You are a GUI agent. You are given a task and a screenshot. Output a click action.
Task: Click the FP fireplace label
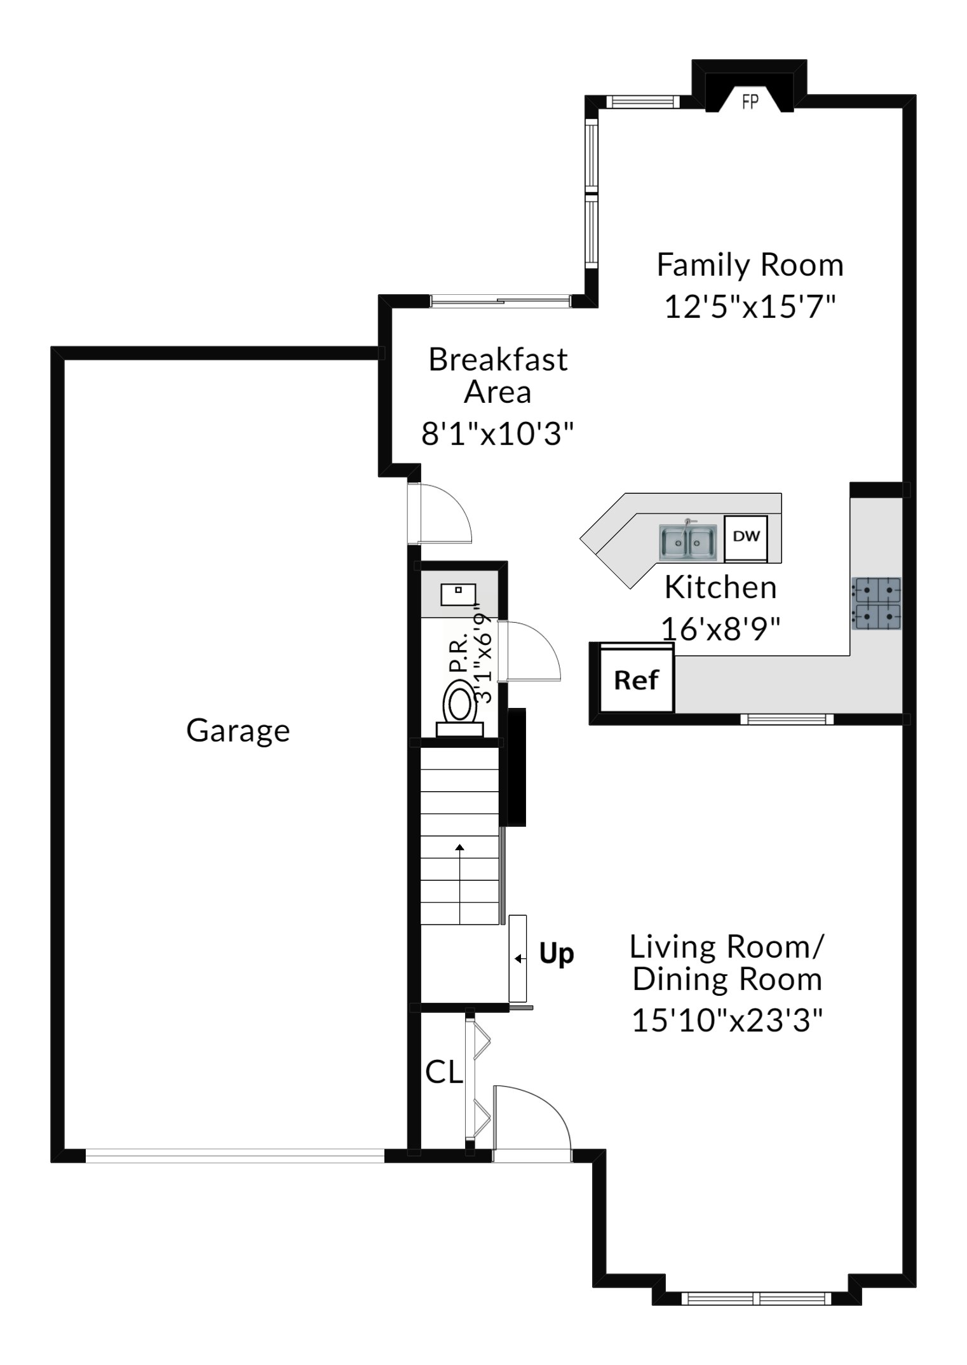tap(750, 101)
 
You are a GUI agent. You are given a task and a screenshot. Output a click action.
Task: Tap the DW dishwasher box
tap(746, 537)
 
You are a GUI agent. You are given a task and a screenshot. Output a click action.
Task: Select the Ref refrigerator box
tap(636, 679)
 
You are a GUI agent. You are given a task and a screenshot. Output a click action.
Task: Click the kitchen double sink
tap(688, 542)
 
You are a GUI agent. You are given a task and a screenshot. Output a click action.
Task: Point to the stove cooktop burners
tap(876, 603)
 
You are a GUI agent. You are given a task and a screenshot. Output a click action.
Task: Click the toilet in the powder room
tap(459, 708)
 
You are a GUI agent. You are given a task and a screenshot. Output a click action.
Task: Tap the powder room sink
tap(458, 595)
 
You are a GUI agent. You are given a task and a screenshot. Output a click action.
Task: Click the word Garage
tap(238, 731)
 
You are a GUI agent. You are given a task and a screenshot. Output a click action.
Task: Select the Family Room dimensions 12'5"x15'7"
tap(750, 306)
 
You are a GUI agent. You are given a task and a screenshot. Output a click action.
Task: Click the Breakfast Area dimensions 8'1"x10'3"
tap(497, 435)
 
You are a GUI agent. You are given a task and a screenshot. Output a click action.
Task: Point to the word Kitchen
tap(720, 588)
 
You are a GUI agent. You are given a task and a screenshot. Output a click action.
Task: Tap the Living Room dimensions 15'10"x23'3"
tap(727, 1021)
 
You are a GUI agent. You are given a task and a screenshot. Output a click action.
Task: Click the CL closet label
tap(443, 1073)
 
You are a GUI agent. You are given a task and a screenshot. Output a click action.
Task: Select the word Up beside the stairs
tap(557, 954)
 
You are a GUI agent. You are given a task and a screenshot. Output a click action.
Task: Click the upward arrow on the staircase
tap(460, 884)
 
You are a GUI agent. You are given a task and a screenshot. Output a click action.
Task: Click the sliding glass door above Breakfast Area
tap(500, 301)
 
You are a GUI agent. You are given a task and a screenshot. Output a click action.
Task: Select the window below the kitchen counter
tap(787, 719)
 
